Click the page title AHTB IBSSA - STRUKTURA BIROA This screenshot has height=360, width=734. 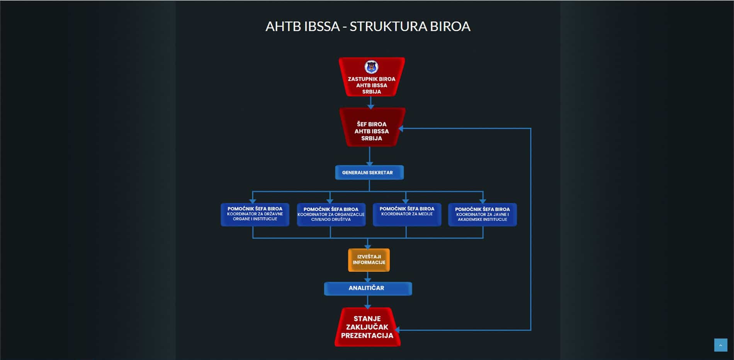(x=367, y=26)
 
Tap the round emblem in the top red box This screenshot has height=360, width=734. (x=371, y=67)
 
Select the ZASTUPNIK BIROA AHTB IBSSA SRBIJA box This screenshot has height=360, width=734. (x=372, y=83)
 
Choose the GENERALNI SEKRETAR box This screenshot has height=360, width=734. (x=369, y=173)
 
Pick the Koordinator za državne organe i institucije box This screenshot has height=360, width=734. (x=255, y=214)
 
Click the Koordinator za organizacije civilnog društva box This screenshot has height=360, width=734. (x=331, y=215)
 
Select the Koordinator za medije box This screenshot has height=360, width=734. (x=407, y=214)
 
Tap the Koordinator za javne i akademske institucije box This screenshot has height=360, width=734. (x=482, y=215)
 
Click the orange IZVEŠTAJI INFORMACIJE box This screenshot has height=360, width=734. (x=369, y=260)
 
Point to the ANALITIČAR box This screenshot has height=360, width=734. (x=367, y=288)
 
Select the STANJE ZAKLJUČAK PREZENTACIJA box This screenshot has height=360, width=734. (x=367, y=327)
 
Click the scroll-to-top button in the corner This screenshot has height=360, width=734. (x=720, y=345)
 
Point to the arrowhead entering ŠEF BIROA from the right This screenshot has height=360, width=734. (x=401, y=128)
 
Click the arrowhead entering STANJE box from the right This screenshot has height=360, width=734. (x=397, y=330)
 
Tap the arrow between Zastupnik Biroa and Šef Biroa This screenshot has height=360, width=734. (x=370, y=103)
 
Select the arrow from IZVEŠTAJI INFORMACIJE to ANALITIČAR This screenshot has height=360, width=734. (x=368, y=277)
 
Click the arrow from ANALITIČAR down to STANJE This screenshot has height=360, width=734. (x=368, y=302)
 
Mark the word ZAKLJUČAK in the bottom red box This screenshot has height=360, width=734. (x=367, y=327)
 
